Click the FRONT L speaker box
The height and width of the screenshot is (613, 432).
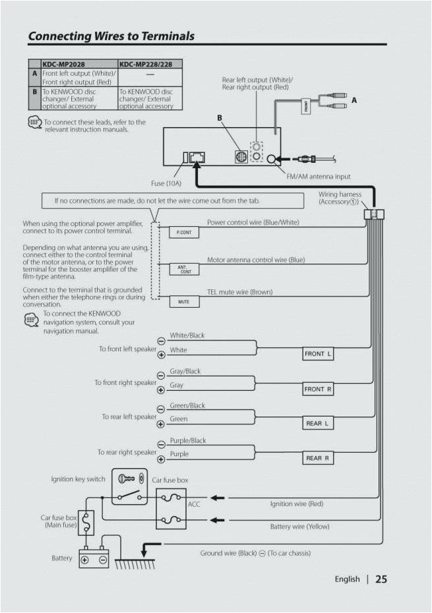point(319,354)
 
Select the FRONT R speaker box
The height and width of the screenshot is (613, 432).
point(319,390)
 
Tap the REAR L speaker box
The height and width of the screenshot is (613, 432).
point(317,423)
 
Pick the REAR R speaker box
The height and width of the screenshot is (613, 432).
point(318,458)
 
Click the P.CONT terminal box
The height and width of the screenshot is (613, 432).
point(184,233)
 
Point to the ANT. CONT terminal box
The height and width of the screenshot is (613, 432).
point(184,269)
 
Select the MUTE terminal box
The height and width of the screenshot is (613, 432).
point(184,302)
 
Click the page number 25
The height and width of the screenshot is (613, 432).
point(381,579)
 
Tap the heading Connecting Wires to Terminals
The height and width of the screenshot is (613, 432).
point(111,36)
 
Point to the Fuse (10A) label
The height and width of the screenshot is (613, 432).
point(168,183)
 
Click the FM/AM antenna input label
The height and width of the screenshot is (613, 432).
point(318,176)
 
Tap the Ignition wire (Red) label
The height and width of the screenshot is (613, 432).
point(297,504)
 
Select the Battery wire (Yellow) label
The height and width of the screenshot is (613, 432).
point(299,527)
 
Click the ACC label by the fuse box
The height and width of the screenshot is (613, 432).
point(195,504)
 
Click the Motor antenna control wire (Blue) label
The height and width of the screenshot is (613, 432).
point(256,260)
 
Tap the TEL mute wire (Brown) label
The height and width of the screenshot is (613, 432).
point(239,292)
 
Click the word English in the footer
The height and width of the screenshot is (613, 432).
point(347,579)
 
